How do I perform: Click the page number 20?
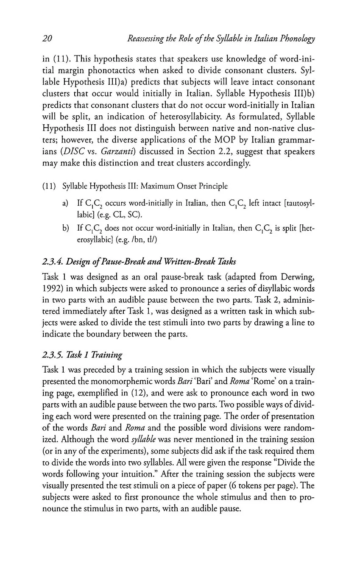(x=47, y=39)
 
